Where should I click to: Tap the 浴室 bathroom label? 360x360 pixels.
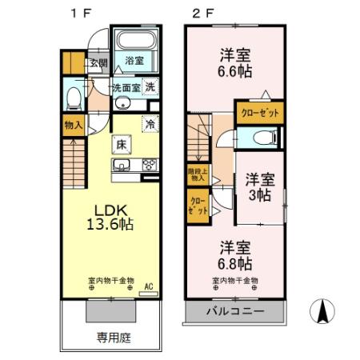pos(134,60)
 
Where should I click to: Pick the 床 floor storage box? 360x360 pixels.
pos(122,145)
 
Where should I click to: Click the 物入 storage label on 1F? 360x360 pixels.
pos(73,125)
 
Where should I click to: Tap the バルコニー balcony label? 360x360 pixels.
pos(236,310)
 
